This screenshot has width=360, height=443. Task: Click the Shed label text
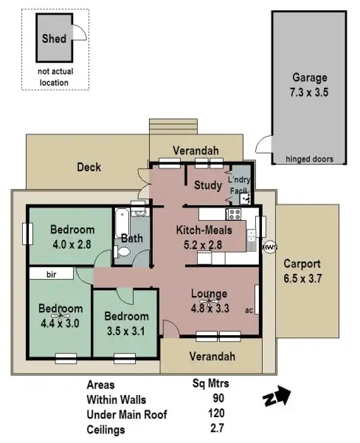[54, 38]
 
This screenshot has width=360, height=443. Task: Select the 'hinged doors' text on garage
[309, 159]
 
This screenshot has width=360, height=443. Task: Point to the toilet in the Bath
[125, 253]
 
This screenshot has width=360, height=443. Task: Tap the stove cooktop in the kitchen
[235, 215]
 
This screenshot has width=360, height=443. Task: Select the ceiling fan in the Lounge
[210, 300]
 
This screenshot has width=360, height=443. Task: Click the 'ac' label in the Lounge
[249, 309]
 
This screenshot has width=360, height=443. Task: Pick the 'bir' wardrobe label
[51, 274]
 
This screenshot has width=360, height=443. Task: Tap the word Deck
[89, 168]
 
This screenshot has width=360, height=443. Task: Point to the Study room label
[207, 185]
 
